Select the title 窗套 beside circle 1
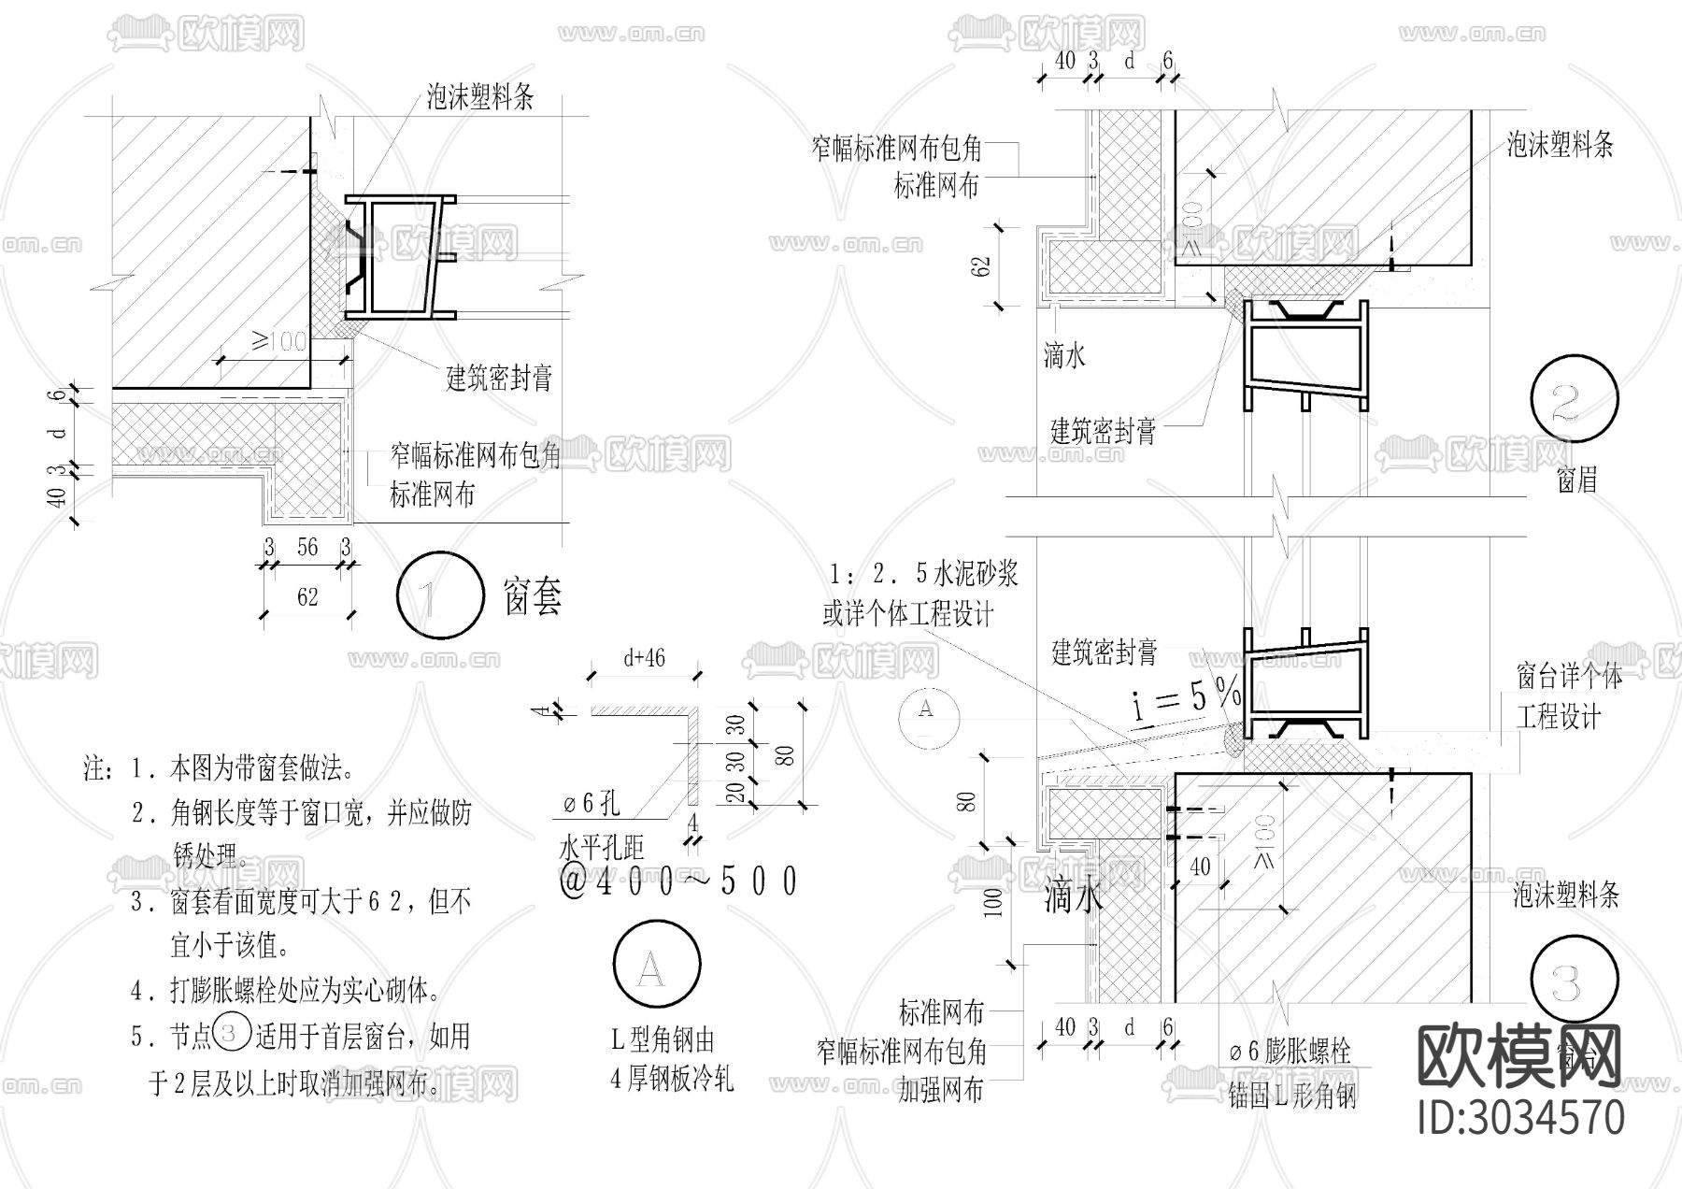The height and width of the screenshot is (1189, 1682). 534,595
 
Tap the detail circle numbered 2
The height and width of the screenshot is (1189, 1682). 1576,399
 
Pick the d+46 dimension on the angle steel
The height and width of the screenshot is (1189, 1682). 644,658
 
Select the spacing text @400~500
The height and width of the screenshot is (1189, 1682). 678,881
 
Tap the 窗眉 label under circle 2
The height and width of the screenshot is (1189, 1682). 1576,480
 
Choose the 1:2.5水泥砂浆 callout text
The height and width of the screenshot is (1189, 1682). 921,574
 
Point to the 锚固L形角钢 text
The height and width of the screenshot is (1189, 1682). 1291,1096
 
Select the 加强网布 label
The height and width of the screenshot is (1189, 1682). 941,1090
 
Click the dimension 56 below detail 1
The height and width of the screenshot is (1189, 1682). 307,547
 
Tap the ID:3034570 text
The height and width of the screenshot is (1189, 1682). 1520,1117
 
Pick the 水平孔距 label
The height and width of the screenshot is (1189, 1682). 601,848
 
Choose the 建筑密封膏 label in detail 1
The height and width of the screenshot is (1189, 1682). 499,378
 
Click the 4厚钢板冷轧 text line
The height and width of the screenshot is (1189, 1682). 672,1080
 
